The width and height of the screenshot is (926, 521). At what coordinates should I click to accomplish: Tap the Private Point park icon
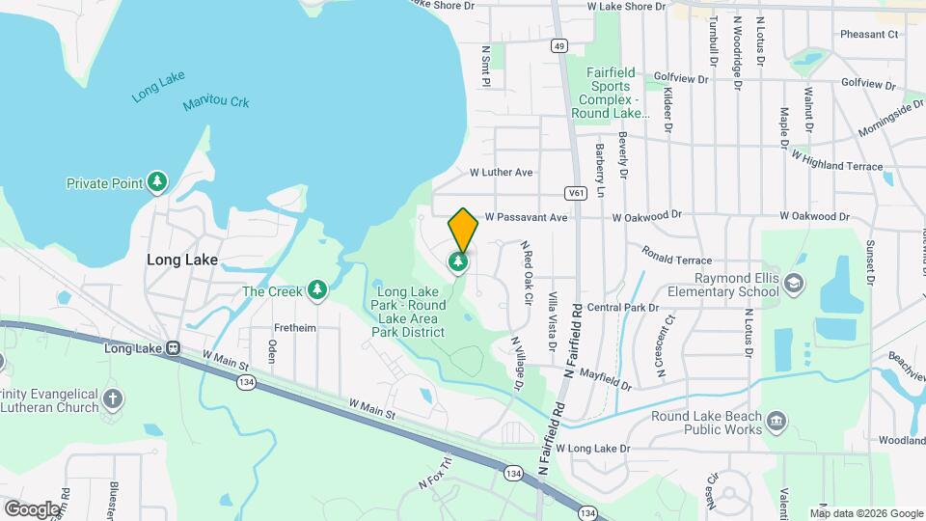(x=157, y=181)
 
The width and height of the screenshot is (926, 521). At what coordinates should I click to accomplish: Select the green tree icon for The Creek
(x=316, y=289)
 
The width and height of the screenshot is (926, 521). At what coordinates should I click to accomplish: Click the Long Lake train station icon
(x=172, y=348)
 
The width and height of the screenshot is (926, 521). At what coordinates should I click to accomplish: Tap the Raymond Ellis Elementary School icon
(x=793, y=284)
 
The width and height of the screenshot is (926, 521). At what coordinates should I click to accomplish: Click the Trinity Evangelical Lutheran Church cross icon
(x=113, y=398)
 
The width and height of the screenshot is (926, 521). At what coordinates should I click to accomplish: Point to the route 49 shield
(x=559, y=45)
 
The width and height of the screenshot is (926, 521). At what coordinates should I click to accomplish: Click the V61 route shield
(x=576, y=193)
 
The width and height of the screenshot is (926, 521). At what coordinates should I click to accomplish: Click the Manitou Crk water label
(x=216, y=101)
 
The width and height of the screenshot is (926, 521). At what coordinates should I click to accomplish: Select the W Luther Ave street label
(x=501, y=173)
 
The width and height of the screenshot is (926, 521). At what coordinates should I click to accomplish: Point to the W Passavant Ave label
(x=526, y=218)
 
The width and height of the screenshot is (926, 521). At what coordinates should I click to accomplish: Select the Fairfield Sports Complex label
(x=622, y=93)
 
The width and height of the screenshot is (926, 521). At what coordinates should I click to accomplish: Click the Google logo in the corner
(x=32, y=508)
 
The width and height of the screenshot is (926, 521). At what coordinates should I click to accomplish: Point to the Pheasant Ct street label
(x=868, y=35)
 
